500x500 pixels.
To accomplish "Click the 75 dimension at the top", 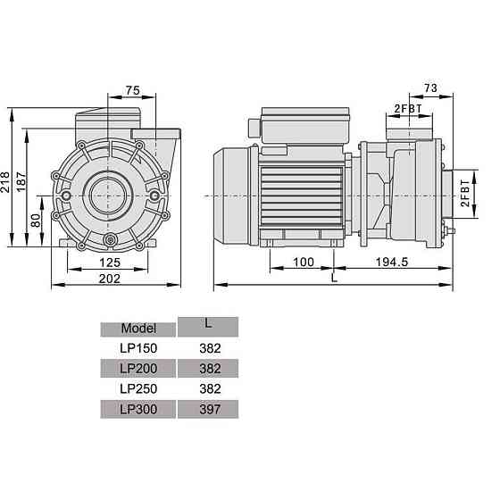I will pos(131,89).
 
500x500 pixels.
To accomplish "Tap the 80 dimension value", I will pos(37,220).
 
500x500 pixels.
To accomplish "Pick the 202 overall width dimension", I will pos(109,278).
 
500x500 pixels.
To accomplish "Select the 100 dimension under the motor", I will pos(302,262).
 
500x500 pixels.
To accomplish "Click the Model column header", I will pos(137,328).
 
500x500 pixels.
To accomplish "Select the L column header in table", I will pos(207,323).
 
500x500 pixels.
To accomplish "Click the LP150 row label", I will pos(137,348).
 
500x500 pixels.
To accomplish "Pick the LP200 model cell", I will pos(137,369).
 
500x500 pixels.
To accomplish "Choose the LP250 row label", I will pos(137,389).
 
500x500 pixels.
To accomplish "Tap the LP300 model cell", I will pos(137,410).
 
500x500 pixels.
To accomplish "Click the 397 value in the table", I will pos(207,410).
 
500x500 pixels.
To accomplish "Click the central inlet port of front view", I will pos(110,194).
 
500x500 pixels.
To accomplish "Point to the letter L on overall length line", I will pos(333,278).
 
